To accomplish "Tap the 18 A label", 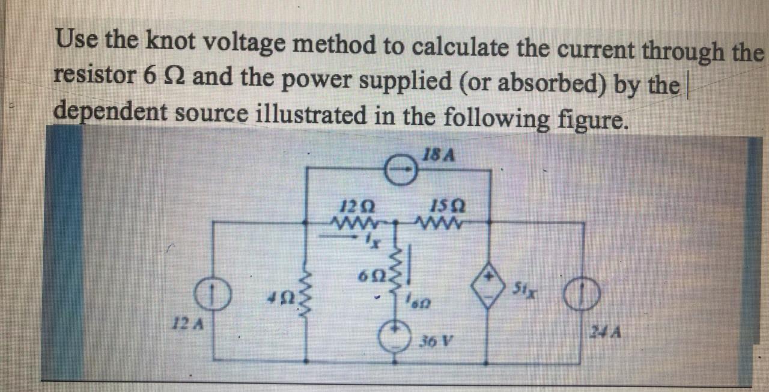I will point(439,155).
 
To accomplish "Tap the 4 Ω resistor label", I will point(279,296).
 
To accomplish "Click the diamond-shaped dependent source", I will point(490,288).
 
